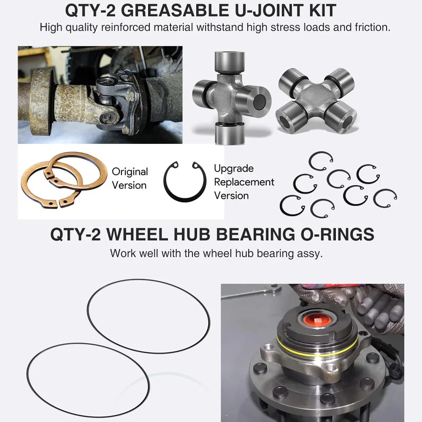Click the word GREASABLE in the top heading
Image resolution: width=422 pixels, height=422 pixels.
[x=175, y=11]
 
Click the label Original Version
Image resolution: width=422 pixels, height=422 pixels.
[x=130, y=179]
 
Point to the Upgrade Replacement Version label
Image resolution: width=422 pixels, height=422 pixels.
[x=244, y=182]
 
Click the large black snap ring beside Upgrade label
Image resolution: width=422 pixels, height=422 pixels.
[x=164, y=183]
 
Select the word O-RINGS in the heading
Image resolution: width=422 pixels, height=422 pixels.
[x=337, y=234]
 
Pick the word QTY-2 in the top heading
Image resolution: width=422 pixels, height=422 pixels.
[x=90, y=11]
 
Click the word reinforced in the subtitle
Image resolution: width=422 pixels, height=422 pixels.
[x=126, y=27]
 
